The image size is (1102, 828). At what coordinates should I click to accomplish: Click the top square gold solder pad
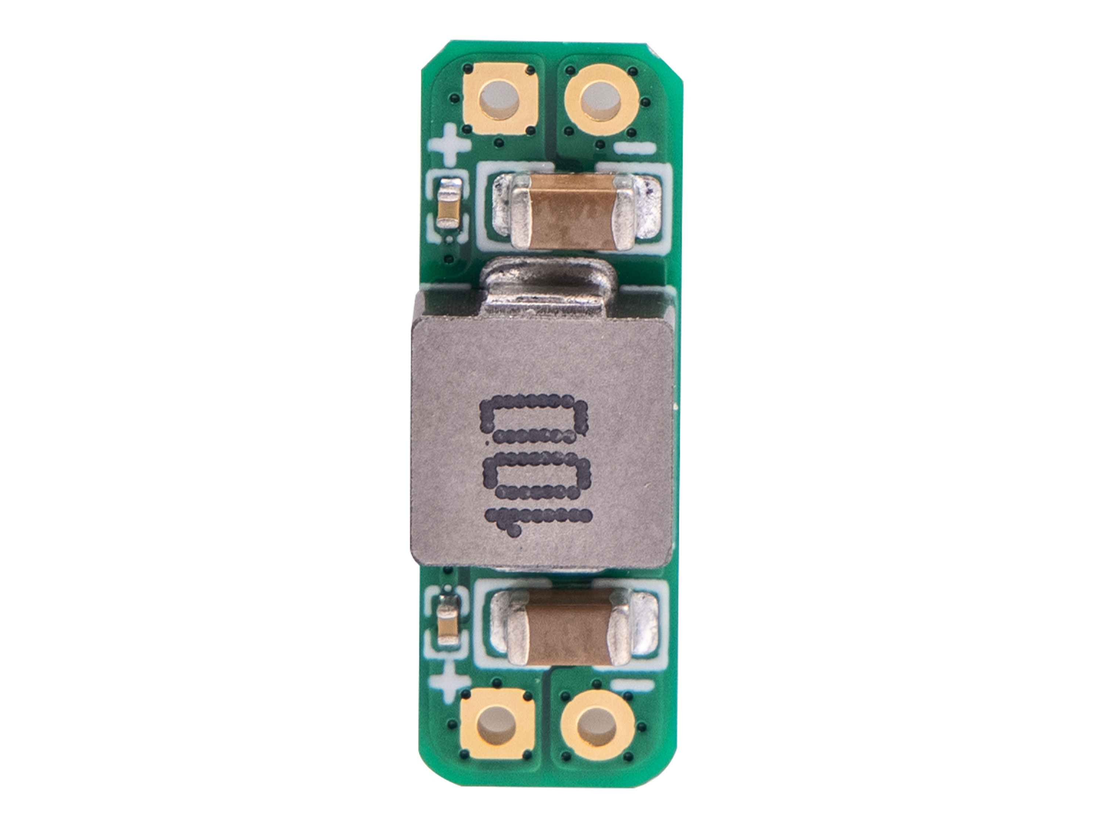[499, 103]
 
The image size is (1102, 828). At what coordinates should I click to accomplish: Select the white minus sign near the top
[634, 148]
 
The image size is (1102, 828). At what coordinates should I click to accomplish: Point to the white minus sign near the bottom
[632, 685]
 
